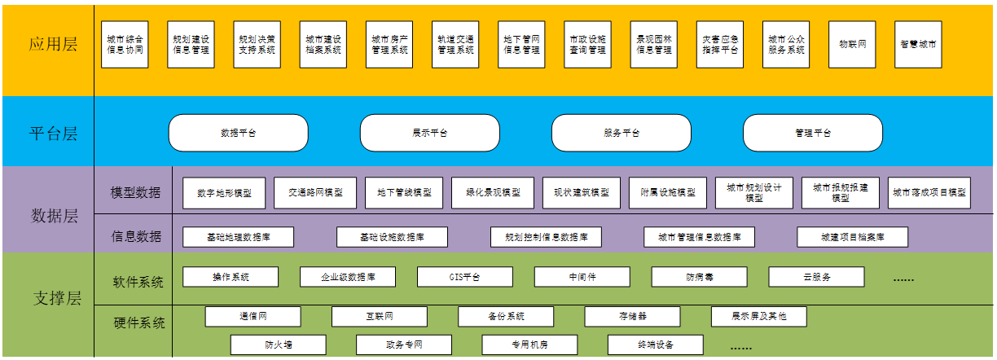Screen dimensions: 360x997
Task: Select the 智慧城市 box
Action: click(x=918, y=44)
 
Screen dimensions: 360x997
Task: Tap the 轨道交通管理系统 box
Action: click(x=455, y=44)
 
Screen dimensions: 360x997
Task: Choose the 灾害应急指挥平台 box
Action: click(x=720, y=44)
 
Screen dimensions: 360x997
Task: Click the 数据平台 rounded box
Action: click(x=238, y=133)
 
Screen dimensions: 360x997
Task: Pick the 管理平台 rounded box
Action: click(x=812, y=133)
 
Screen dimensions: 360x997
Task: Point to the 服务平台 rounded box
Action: click(x=621, y=133)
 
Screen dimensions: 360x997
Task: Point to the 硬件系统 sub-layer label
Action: click(x=138, y=323)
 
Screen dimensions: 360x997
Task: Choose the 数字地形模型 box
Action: click(x=224, y=193)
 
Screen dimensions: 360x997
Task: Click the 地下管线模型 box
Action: click(x=404, y=193)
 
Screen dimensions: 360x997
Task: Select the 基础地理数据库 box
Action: click(x=238, y=237)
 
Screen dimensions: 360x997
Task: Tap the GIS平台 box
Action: click(x=465, y=277)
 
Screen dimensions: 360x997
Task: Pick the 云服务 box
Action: click(x=816, y=277)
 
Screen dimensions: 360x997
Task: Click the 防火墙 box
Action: click(x=278, y=345)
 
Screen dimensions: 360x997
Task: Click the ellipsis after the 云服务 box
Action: click(x=903, y=279)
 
